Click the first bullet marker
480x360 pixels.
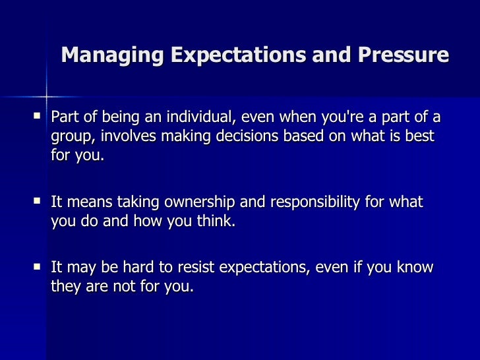(x=37, y=117)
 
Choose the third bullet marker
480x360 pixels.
(x=37, y=266)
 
